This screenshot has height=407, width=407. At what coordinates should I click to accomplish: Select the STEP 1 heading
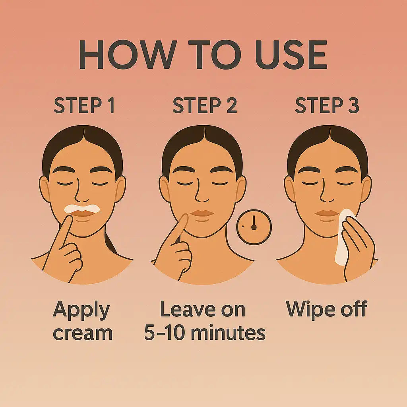(x=84, y=106)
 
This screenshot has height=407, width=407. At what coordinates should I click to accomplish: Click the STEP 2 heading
(x=205, y=106)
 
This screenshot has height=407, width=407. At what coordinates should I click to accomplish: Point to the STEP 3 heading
(x=327, y=106)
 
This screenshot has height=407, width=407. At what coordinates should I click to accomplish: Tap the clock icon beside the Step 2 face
(x=254, y=227)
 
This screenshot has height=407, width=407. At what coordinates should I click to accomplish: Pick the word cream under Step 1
(x=83, y=333)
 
